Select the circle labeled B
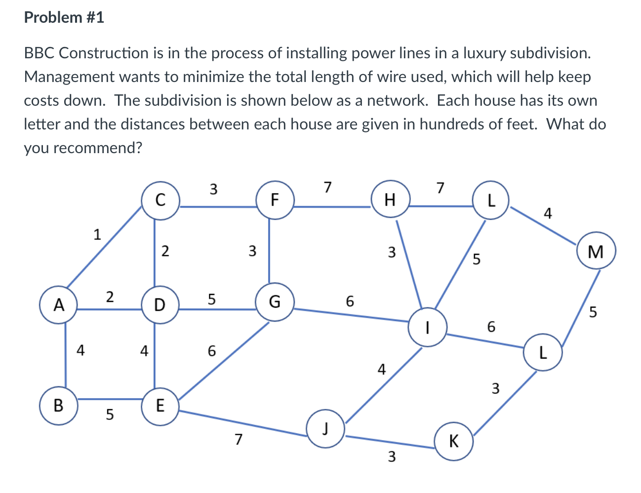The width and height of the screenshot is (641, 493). (x=58, y=406)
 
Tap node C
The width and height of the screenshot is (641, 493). (x=160, y=200)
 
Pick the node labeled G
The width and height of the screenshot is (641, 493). (x=275, y=301)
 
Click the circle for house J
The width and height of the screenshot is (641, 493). (x=325, y=428)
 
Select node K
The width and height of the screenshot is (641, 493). (x=454, y=441)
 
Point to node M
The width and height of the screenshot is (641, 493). (x=596, y=252)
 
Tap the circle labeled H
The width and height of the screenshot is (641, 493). (x=390, y=200)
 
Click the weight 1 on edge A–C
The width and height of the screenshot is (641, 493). (x=97, y=234)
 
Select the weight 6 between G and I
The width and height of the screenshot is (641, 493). (x=350, y=301)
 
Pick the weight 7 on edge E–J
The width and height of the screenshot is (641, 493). (x=239, y=439)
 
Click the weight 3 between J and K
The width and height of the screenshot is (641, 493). (x=391, y=457)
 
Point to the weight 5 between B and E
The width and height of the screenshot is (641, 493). (x=110, y=414)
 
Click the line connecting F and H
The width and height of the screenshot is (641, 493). (x=332, y=206)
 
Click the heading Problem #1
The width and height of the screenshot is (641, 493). (x=64, y=18)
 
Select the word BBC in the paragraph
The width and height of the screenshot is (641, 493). (x=39, y=53)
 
